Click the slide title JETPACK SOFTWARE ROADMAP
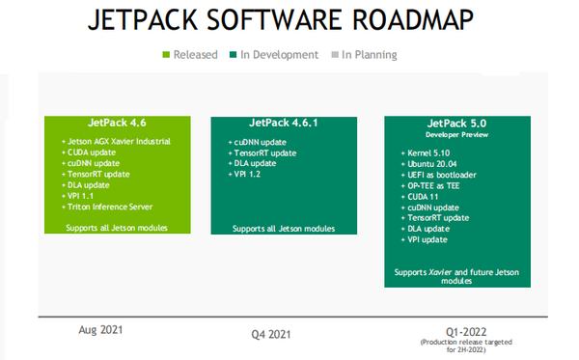click(x=289, y=22)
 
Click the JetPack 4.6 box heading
click(x=108, y=126)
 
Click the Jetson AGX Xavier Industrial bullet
click(x=120, y=142)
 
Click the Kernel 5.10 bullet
click(x=427, y=152)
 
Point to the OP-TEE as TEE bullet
click(x=432, y=186)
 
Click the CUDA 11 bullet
click(x=423, y=197)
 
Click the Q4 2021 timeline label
click(x=273, y=334)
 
